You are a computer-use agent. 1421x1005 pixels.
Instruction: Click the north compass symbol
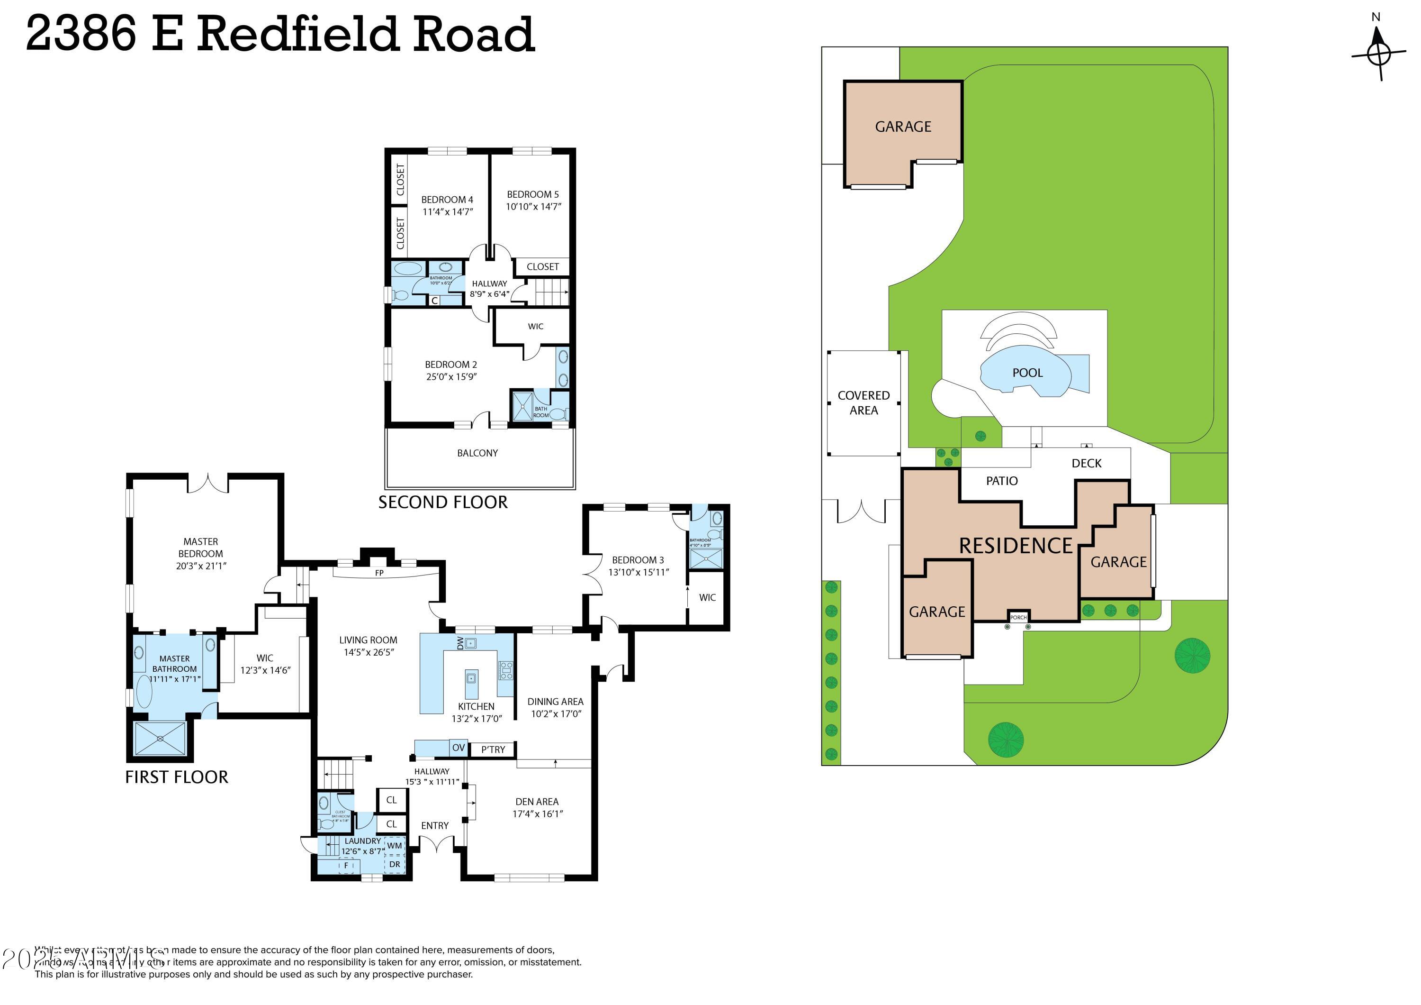(x=1378, y=53)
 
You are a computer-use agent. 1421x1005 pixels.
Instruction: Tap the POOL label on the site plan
(x=1027, y=373)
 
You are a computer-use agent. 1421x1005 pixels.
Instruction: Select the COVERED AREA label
(x=863, y=402)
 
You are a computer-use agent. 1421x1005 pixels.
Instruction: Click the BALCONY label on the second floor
(x=477, y=453)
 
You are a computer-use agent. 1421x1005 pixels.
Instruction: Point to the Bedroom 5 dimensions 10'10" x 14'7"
(x=533, y=207)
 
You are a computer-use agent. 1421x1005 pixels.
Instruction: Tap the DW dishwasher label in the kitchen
(x=460, y=643)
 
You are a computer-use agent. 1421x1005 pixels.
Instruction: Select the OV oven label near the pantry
(x=459, y=748)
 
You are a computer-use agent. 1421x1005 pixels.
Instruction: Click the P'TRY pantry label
(x=493, y=750)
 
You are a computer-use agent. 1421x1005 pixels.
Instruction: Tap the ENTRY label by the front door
(x=434, y=826)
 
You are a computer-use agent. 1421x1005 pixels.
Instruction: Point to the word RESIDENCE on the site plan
(x=1016, y=546)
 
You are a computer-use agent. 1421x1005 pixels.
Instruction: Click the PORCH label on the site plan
(x=1018, y=617)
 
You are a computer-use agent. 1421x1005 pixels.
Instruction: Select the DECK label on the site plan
(x=1086, y=463)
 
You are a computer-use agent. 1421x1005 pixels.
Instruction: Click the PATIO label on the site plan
(x=1001, y=481)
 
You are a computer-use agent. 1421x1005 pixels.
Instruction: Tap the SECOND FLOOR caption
(x=442, y=502)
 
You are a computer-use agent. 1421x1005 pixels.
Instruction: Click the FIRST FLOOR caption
(x=176, y=777)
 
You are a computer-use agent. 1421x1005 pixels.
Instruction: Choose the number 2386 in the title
(x=81, y=34)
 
